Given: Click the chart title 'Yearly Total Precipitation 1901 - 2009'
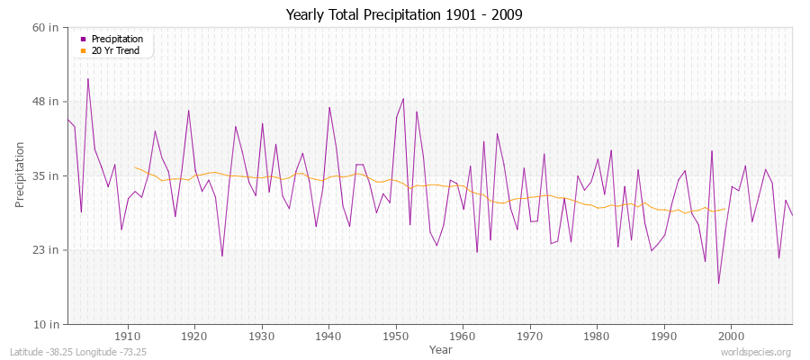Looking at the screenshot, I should (404, 14).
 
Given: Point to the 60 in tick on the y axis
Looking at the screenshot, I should (46, 27).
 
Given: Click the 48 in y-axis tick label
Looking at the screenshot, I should (46, 101).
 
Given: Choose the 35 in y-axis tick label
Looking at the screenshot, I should (46, 175).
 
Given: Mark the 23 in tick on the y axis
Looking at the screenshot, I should (46, 249).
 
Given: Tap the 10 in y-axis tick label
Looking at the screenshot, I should (46, 324).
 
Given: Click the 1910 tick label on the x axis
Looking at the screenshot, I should (127, 336).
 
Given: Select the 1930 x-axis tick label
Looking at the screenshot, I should (261, 336).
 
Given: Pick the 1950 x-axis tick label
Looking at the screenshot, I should (395, 336).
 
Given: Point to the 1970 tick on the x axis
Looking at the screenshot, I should (530, 336).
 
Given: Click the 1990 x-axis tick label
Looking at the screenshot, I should (664, 336).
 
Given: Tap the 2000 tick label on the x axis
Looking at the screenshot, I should (732, 336).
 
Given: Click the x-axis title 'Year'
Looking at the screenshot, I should (441, 348).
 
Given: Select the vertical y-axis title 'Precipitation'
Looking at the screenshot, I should (20, 175).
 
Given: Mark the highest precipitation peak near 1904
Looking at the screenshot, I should (87, 78).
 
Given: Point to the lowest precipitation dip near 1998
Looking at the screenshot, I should (718, 283).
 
